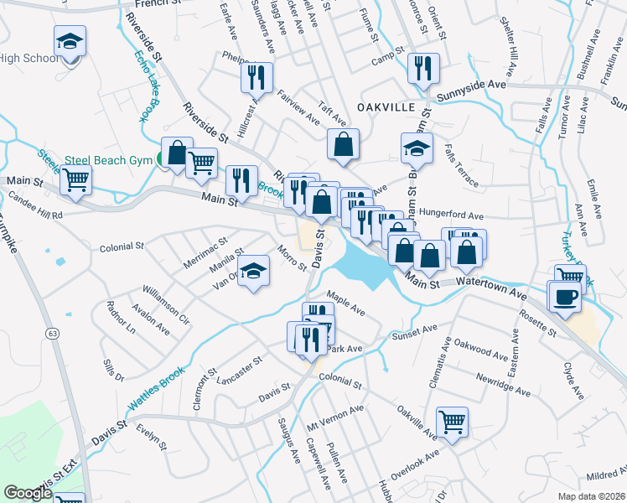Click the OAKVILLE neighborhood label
point(386,107)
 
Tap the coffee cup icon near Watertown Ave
point(564,295)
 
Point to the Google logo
point(27,493)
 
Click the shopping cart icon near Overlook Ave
point(452,421)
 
